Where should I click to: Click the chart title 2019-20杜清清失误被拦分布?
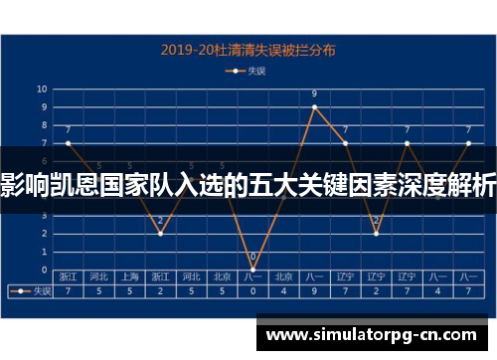249,48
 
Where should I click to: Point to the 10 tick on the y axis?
43,89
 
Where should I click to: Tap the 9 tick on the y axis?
43,106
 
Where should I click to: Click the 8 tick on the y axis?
43,124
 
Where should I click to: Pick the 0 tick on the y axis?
43,270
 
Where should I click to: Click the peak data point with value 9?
314,106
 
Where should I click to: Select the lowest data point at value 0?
252,270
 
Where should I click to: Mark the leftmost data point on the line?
68,143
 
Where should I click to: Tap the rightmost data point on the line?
467,143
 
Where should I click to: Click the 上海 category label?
129,276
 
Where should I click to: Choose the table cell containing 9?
314,291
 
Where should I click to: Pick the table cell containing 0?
252,291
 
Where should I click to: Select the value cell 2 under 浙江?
160,291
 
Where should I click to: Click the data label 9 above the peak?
314,94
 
